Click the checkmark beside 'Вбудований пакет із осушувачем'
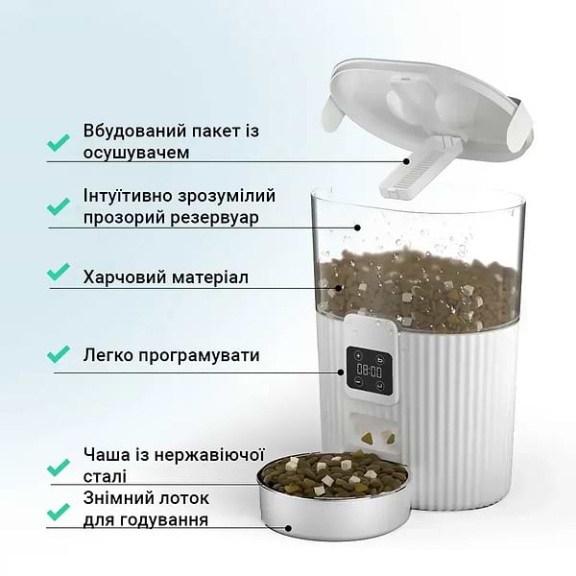(59, 141)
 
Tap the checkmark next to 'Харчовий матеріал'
(59, 273)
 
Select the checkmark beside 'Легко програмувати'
(59, 355)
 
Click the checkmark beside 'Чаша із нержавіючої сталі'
(59, 468)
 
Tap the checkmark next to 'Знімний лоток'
(59, 510)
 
